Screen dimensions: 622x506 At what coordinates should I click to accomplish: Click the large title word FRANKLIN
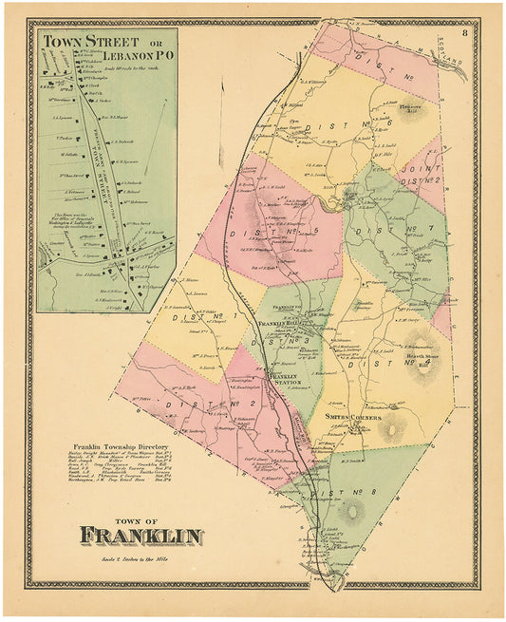pos(141,537)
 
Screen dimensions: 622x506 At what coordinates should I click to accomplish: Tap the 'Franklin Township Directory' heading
pos(118,445)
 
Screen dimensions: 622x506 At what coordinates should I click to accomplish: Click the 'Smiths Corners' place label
pos(356,417)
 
